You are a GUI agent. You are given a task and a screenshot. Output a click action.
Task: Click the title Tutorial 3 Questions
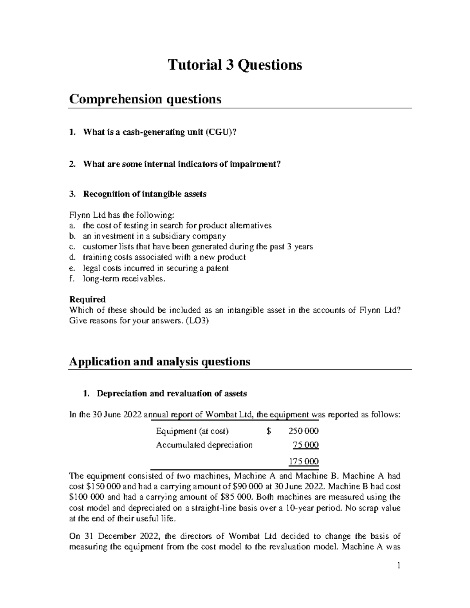point(235,65)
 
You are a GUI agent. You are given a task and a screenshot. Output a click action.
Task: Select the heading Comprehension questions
point(145,99)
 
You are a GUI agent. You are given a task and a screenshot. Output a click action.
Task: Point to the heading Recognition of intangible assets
point(145,194)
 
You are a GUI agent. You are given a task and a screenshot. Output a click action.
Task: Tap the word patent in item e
point(218,268)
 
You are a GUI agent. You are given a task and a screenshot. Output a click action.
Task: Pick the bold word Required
point(87,299)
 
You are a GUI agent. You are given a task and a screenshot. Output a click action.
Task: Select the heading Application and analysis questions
point(159,361)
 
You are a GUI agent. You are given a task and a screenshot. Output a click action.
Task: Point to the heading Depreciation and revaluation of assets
point(172,394)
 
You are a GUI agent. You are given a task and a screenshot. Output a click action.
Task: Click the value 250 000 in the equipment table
point(303,431)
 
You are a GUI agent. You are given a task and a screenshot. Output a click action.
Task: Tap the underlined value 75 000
point(305,445)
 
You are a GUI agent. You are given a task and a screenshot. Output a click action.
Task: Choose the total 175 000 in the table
point(304,462)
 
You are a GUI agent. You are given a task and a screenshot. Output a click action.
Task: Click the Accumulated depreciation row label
point(204,445)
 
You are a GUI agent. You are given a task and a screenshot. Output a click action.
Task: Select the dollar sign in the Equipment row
point(268,431)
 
